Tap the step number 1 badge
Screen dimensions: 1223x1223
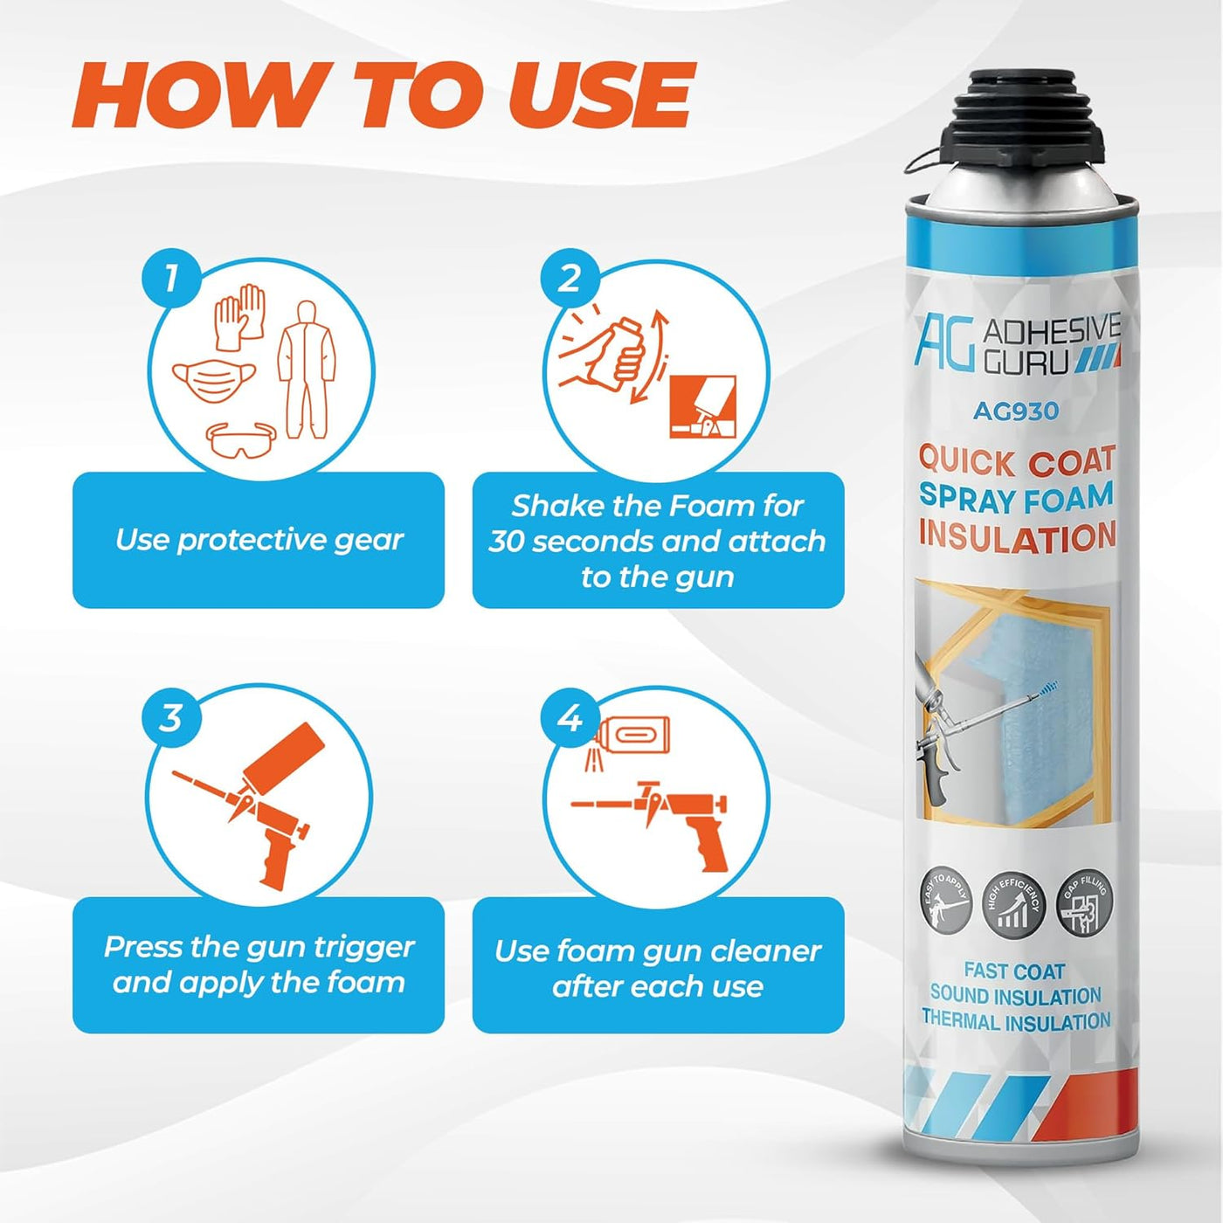point(171,279)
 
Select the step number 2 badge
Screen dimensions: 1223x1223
point(570,279)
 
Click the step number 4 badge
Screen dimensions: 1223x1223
point(570,718)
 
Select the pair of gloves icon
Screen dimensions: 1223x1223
point(240,314)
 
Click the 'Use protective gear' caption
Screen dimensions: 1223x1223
point(259,540)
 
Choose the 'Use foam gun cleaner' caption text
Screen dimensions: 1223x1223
point(658,950)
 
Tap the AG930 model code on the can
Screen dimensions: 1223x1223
point(1016,411)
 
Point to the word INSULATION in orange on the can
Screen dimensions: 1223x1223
point(1017,535)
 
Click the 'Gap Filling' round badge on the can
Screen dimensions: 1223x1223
point(1084,904)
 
